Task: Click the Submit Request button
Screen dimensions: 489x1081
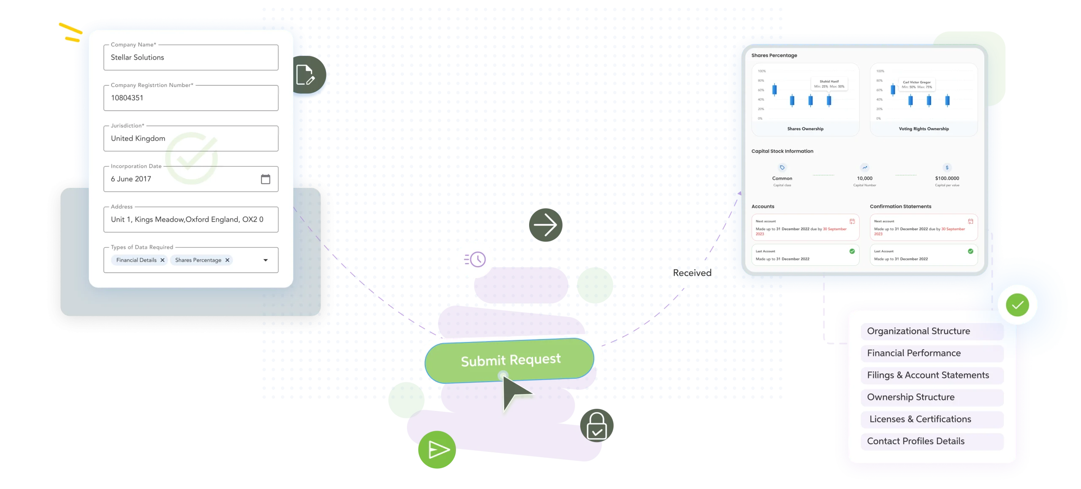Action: coord(510,360)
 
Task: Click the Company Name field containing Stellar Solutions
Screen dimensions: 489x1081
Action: coord(190,57)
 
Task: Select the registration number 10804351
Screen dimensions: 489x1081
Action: coord(127,98)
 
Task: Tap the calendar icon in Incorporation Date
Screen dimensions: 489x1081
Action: coord(265,179)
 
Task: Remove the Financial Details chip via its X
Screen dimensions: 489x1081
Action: coord(162,260)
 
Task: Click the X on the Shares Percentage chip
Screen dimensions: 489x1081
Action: coord(227,260)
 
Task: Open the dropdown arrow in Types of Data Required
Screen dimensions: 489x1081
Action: coord(266,260)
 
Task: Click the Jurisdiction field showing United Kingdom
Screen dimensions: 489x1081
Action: coord(190,139)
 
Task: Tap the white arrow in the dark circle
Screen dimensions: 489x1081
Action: coord(545,225)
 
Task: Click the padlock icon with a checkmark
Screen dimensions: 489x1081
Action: coord(596,426)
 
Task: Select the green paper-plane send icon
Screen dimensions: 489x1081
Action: coord(437,450)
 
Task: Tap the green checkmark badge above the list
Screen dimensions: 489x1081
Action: coord(1017,305)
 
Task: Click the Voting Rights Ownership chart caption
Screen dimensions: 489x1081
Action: coord(923,129)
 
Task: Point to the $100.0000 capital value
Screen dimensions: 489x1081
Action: coord(947,178)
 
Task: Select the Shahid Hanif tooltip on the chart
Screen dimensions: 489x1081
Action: coord(829,84)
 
